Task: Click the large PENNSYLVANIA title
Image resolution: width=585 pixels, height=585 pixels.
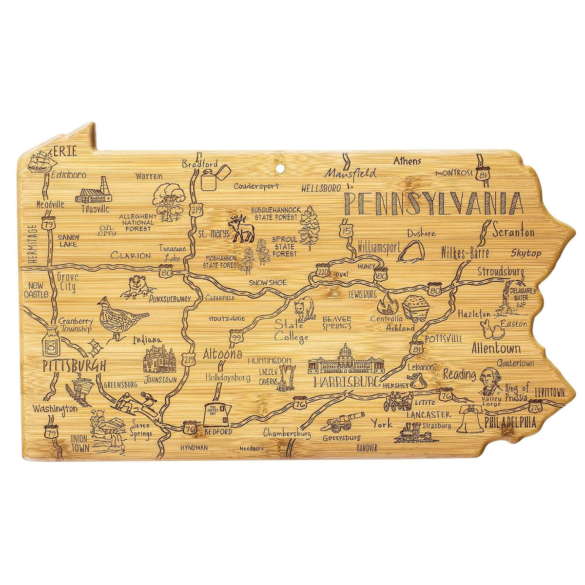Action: coord(433,204)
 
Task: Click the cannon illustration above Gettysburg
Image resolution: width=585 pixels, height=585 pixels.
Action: coord(346,421)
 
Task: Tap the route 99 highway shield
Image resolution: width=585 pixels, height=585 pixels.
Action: coord(236,337)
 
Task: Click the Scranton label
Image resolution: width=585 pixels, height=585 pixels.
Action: coord(513,233)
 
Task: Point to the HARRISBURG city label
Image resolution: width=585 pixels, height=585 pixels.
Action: coord(347,382)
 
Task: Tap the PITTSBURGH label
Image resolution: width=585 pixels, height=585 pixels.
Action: coord(73,366)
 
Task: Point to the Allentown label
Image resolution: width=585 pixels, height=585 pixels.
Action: coord(496,349)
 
